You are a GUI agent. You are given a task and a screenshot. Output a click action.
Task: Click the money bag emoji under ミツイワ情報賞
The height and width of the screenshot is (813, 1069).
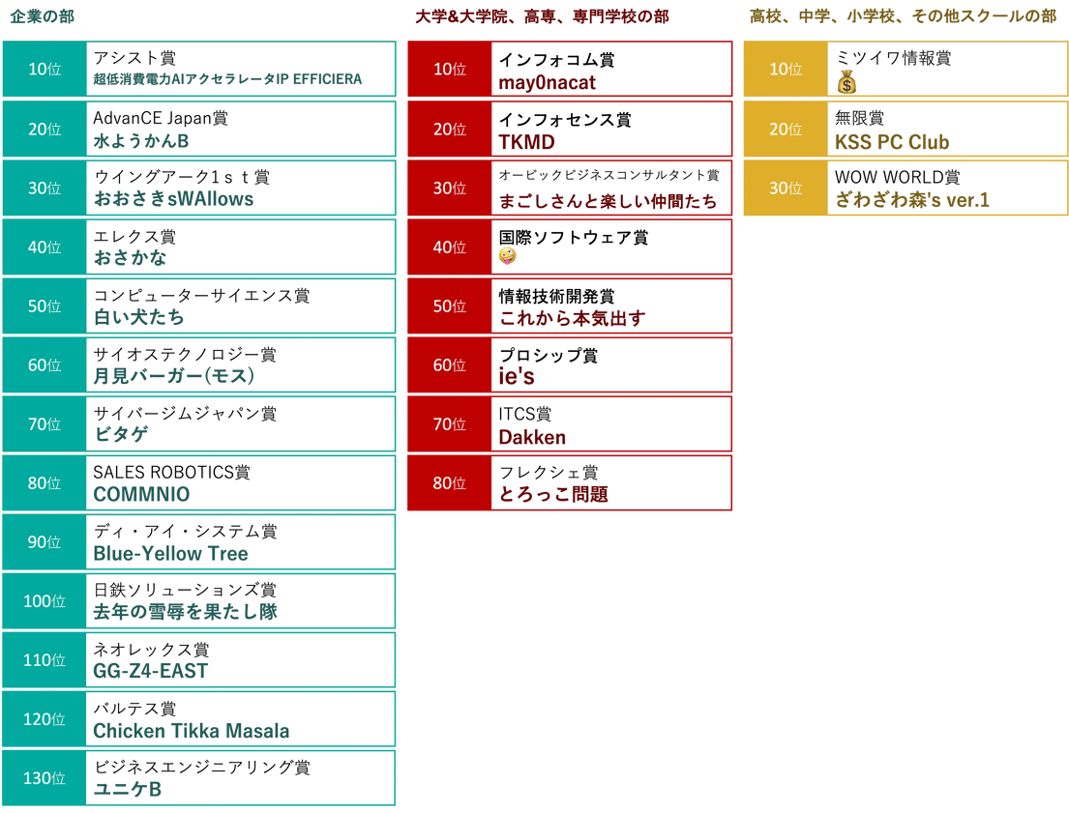tap(846, 82)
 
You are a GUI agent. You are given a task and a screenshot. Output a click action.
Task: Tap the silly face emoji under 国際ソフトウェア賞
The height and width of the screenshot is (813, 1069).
tap(507, 255)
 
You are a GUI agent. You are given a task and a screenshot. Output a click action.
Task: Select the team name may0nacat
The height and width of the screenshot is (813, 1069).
tap(547, 83)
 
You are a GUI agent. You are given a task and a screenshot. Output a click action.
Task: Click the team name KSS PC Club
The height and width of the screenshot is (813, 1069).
tap(892, 142)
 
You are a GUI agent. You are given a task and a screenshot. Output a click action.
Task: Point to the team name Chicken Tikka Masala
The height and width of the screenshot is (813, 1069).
tap(191, 731)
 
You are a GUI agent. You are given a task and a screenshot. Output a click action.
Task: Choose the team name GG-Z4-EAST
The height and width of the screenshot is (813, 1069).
tap(150, 671)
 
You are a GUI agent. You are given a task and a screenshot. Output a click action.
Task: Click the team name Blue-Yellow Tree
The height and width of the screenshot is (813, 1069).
tap(170, 553)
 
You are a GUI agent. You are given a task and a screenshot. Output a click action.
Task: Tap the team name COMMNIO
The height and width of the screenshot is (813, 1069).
tap(141, 494)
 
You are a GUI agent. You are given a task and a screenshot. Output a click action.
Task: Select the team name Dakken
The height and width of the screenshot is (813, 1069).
tap(532, 437)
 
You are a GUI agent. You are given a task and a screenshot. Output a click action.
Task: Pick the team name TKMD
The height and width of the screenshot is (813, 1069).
tap(526, 142)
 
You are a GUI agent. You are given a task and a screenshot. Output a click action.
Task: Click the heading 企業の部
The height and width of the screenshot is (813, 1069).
tap(43, 16)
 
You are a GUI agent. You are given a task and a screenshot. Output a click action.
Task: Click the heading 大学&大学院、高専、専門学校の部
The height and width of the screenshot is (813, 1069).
tap(542, 16)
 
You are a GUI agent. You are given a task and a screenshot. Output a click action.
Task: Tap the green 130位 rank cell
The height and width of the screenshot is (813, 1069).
tap(45, 777)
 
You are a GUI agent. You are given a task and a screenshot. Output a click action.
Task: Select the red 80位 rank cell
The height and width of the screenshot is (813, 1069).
tap(449, 483)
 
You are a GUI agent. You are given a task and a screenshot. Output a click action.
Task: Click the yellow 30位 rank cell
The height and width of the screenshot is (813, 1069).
tap(786, 189)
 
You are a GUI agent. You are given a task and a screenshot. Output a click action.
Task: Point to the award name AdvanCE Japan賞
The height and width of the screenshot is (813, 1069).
tap(161, 118)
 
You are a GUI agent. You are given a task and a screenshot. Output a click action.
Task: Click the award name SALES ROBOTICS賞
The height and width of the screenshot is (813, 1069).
tap(171, 473)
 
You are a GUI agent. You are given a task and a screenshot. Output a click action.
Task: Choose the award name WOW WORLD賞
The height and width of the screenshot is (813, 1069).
tap(897, 177)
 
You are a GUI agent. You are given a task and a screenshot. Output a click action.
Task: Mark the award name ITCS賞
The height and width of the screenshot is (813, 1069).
tap(524, 414)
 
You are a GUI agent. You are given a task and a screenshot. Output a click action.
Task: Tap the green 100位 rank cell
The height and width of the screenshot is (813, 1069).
tap(45, 601)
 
